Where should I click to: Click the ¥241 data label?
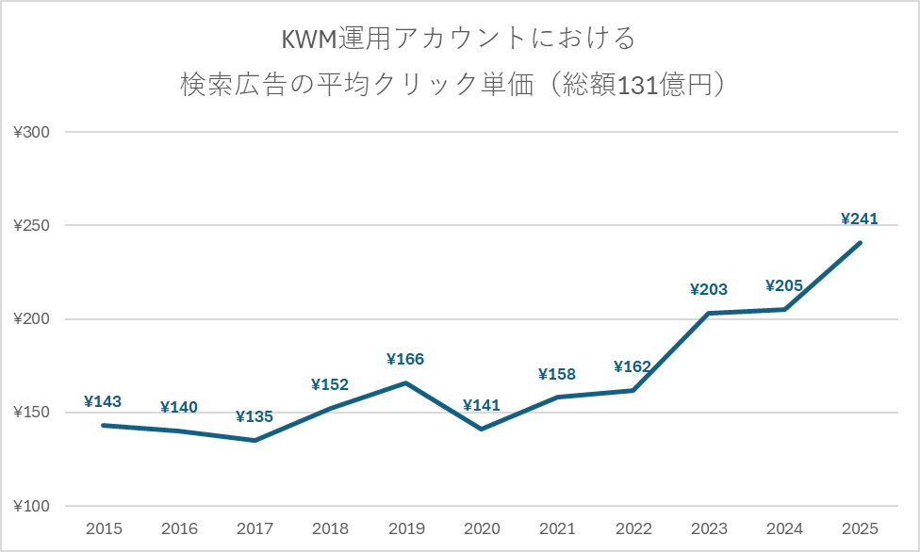(x=859, y=219)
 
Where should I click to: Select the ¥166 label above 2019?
(x=405, y=359)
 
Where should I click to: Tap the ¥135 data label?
(x=255, y=416)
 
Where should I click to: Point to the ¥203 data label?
(x=708, y=290)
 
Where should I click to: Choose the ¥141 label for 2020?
(x=481, y=406)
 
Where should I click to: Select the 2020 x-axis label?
(x=481, y=529)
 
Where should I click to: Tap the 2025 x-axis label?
(x=859, y=529)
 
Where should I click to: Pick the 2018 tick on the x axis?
(x=330, y=529)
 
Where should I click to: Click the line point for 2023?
(x=708, y=314)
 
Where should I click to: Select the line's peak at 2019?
(x=405, y=382)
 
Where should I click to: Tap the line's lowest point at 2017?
(x=255, y=440)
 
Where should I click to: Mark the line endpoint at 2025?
(x=860, y=243)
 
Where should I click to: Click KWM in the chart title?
(x=309, y=40)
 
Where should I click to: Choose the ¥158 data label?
(x=556, y=374)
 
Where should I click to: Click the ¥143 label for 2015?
(x=103, y=402)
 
